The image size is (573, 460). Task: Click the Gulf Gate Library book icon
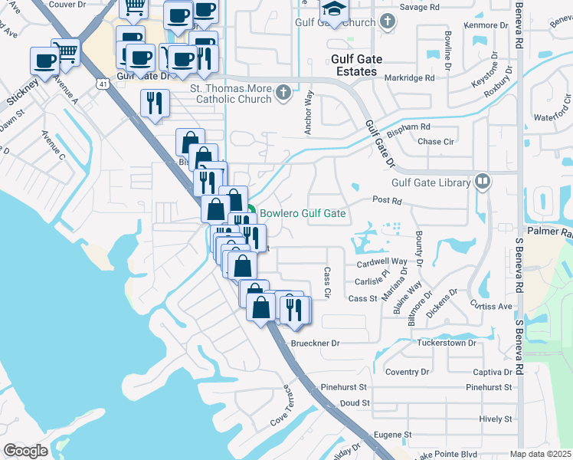(x=483, y=182)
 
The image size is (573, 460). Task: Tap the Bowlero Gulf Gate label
(x=303, y=214)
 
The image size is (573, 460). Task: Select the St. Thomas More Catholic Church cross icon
(x=283, y=94)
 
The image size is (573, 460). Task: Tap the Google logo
(x=26, y=451)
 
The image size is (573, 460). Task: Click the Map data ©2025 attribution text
(x=540, y=454)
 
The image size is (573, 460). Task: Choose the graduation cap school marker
(x=334, y=9)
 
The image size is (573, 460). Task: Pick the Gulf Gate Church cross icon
(x=388, y=22)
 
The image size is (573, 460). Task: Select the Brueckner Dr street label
(x=315, y=343)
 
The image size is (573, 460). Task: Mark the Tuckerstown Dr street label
(x=447, y=343)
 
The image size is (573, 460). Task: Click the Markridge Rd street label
(x=410, y=77)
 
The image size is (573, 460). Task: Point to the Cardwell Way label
(x=381, y=262)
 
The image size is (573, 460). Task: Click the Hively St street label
(x=495, y=419)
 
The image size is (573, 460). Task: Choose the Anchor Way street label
(x=309, y=113)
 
